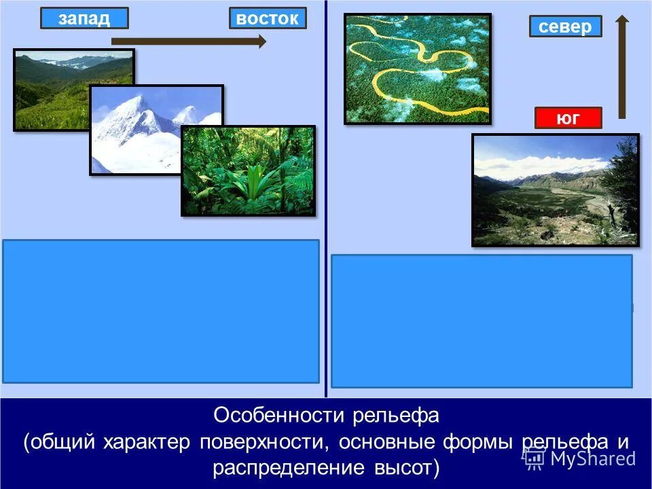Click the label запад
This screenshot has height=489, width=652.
coord(84,18)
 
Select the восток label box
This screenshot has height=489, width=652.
coord(268,18)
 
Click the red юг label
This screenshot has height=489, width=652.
coord(568,118)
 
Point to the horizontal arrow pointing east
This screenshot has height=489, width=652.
coord(189,41)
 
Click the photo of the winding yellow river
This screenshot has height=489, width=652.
coord(417,69)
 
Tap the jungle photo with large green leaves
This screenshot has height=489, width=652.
coord(248,170)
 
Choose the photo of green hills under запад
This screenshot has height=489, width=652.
coord(51,88)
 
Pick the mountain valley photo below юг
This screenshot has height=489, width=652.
coord(555,189)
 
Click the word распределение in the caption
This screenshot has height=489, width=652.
coord(288,468)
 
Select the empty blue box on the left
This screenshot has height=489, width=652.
coord(161,311)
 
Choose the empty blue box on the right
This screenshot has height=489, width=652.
coord(482,321)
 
